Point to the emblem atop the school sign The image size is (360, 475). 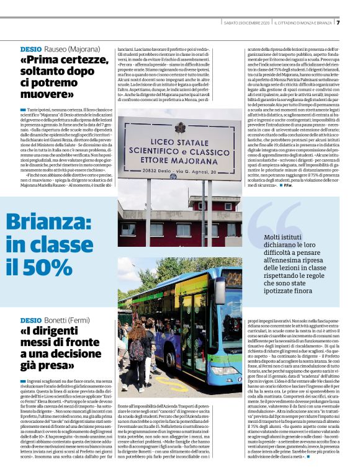pos(180,127)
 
